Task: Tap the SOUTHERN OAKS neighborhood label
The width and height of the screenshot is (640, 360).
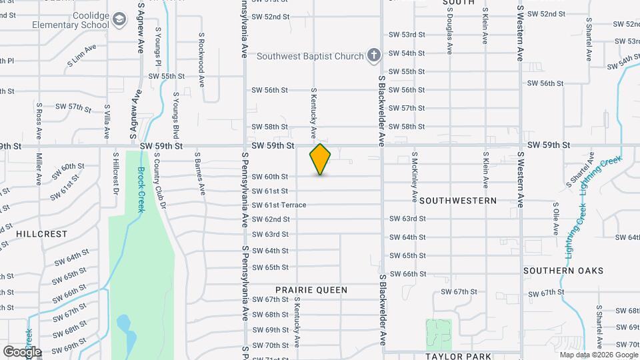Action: [563, 271]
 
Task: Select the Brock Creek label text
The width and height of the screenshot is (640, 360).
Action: [141, 189]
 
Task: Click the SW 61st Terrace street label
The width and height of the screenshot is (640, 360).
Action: [279, 205]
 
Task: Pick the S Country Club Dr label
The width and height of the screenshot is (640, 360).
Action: [160, 178]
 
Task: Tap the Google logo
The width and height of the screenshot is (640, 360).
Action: [22, 351]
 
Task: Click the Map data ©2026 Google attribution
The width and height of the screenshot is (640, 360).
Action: [599, 355]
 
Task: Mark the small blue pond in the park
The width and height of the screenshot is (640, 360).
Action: [124, 326]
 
